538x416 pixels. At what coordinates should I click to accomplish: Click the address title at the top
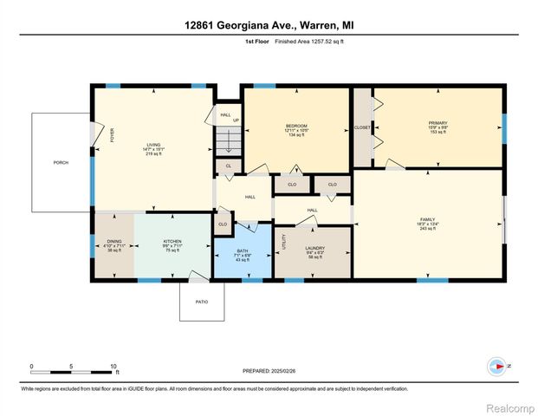(x=269, y=25)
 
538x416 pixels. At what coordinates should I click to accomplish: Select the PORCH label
(x=61, y=162)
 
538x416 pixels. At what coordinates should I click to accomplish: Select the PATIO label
(x=202, y=302)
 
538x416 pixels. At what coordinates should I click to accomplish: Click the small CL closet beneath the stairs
(x=228, y=165)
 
